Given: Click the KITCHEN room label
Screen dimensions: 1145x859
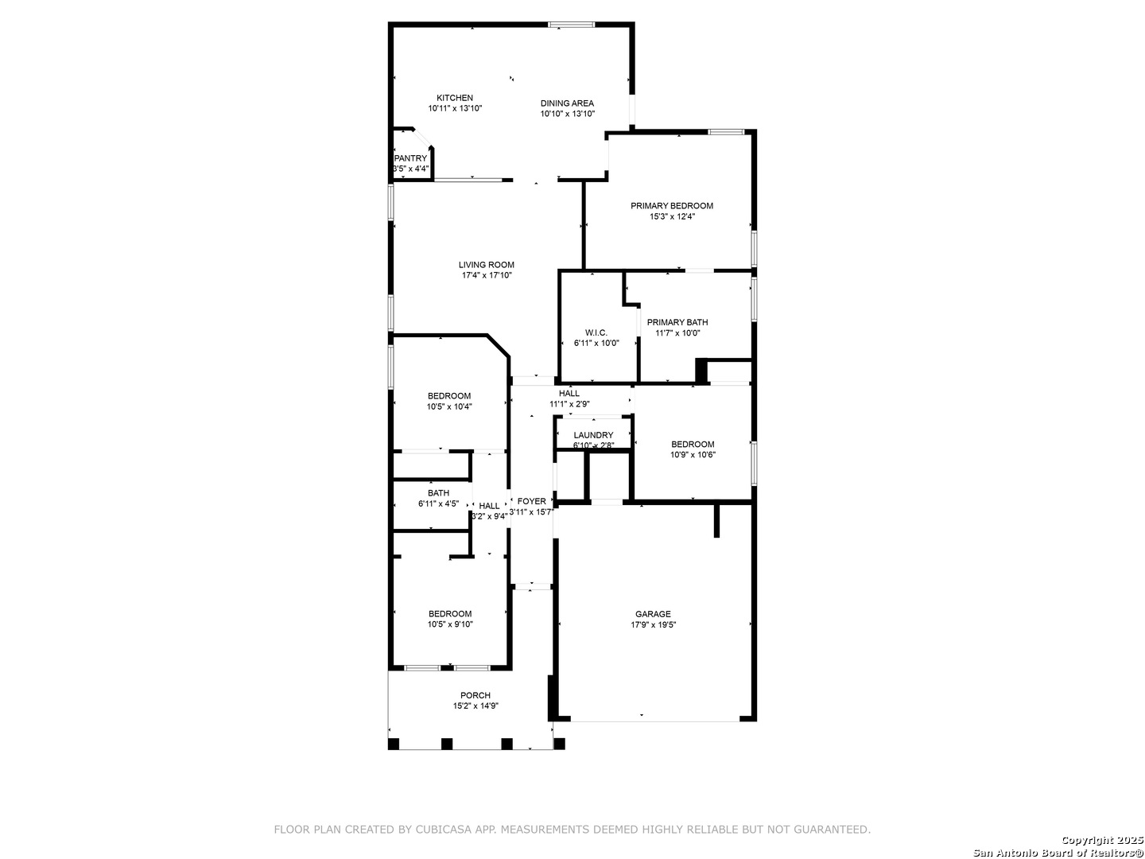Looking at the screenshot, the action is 454,98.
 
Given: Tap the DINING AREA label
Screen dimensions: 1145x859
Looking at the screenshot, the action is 566,103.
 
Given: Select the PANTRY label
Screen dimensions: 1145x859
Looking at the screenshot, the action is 410,158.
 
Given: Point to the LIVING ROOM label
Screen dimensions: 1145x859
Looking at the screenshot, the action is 486,264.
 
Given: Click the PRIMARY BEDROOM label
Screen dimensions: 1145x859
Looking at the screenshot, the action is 671,205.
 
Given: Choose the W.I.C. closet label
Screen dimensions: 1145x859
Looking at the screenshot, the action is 596,332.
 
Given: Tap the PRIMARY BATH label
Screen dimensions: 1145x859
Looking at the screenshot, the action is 677,322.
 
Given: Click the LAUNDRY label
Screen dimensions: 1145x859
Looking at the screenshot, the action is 593,435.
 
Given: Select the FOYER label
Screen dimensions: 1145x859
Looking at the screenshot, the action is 532,501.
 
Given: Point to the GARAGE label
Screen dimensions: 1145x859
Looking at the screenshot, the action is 653,614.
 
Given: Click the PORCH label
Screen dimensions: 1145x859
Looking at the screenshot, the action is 475,695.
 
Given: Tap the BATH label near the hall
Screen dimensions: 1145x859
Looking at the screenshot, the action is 438,493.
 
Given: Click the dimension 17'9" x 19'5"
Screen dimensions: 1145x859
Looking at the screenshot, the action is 653,625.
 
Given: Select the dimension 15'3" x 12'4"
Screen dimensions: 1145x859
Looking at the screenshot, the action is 672,216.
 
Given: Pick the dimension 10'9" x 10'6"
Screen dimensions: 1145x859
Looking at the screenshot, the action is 693,454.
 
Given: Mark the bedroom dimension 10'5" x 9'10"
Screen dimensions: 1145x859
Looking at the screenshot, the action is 450,624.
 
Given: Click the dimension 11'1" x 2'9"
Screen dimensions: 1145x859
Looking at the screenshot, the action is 569,404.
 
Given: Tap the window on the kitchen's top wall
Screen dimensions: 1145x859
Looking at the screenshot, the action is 571,25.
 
